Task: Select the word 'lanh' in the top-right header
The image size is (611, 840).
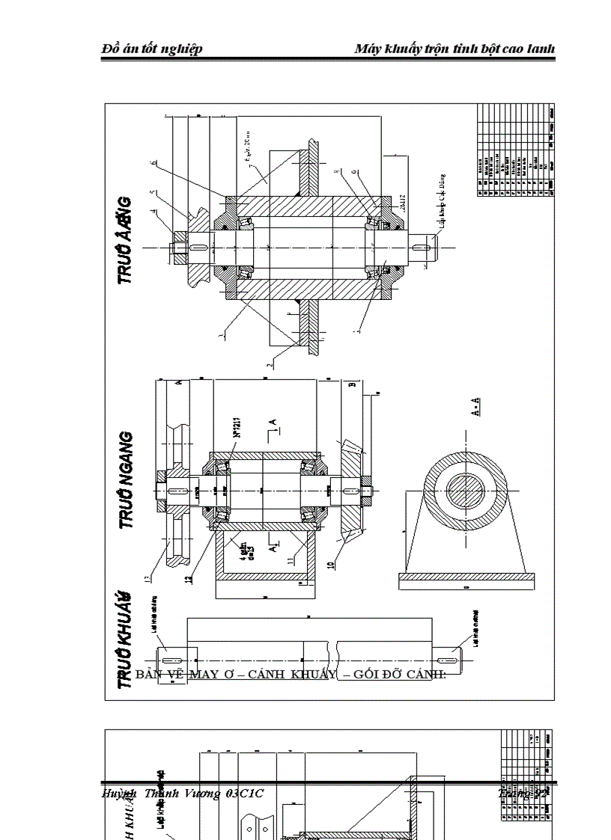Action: [541, 49]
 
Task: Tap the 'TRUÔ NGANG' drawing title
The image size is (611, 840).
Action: [127, 480]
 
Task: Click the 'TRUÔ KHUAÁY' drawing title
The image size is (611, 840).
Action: [126, 639]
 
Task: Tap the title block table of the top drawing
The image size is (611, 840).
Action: [515, 150]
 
